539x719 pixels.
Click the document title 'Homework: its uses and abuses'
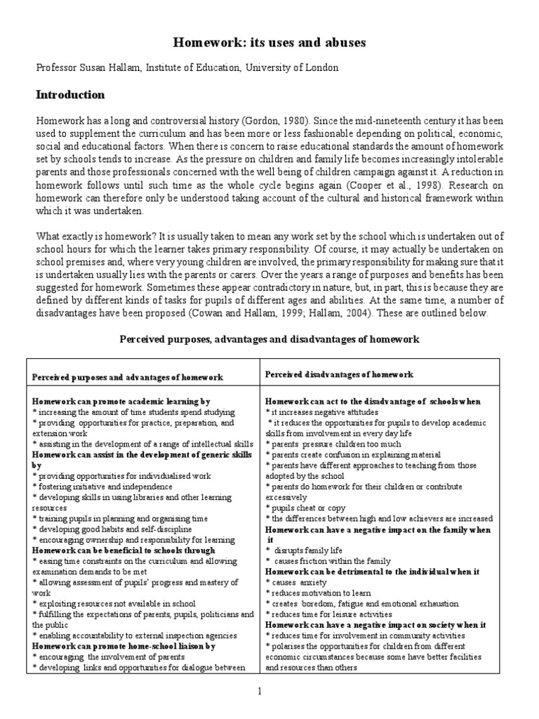coord(269,44)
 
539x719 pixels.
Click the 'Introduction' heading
coord(70,95)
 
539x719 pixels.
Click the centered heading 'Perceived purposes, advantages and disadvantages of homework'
coord(269,339)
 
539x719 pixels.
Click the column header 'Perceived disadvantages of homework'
coord(339,375)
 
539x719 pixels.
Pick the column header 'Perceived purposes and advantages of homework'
coord(128,377)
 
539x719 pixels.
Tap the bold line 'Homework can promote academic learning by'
coord(121,401)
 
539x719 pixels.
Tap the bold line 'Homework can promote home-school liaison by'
coord(124,645)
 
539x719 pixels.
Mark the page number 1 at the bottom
coord(260,692)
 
